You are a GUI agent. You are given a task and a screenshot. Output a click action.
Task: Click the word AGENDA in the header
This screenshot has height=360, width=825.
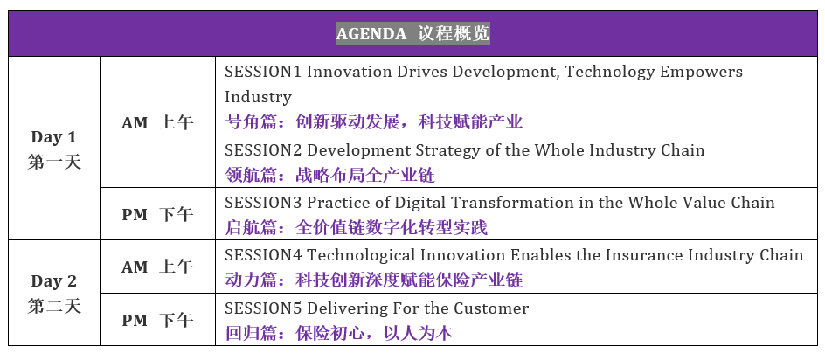[371, 34]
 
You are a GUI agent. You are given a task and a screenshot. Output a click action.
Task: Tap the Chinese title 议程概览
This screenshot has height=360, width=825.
[454, 33]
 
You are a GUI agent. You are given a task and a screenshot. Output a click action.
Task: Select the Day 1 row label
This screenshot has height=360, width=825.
[54, 137]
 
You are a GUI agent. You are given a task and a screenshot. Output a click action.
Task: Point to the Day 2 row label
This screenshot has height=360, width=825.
[54, 281]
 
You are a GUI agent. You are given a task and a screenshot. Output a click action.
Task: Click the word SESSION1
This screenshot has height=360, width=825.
[263, 72]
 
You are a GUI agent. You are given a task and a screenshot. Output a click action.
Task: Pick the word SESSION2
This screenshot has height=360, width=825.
[263, 150]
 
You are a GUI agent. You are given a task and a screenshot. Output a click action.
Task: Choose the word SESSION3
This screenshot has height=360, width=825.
[263, 204]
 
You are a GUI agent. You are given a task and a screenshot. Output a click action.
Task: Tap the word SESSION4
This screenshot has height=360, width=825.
[263, 256]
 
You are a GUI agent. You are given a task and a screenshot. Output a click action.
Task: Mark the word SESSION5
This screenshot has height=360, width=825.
[263, 308]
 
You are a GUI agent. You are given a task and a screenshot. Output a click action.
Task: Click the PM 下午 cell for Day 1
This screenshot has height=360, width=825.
[157, 215]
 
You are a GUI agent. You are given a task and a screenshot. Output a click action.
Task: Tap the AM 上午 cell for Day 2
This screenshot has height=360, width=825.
[157, 267]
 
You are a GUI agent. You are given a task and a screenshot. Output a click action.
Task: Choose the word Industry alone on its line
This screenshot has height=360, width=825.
[258, 98]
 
